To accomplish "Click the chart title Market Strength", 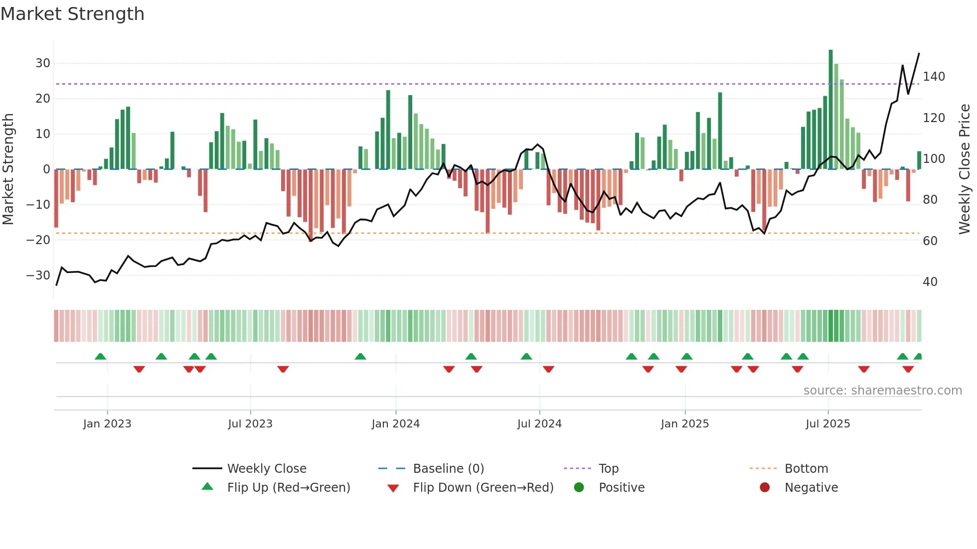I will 72,14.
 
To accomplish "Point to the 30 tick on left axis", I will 43,63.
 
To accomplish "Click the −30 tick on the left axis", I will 38,275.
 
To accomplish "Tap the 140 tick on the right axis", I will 934,77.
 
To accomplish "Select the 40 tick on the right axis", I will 930,282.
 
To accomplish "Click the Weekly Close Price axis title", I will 965,169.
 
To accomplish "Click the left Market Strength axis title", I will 8,169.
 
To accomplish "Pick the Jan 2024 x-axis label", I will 396,424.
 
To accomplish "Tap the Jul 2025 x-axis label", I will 828,424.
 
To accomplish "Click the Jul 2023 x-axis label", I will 250,424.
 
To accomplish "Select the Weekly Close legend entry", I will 267,469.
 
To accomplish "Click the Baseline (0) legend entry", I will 448,469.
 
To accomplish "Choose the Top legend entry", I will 608,469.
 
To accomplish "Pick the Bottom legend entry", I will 806,469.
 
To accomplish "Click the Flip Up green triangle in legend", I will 207,487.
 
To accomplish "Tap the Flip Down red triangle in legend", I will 393,488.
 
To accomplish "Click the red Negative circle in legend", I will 765,487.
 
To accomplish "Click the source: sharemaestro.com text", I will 882,391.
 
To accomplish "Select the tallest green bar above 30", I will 830,110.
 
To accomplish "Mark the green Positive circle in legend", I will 579,487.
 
